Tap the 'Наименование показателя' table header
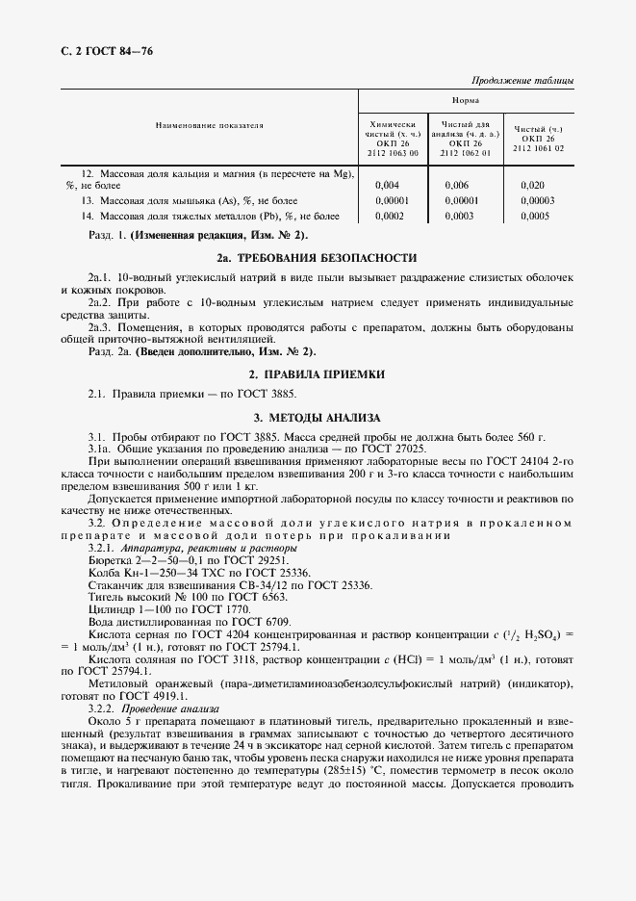[209, 126]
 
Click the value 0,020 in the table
[532, 184]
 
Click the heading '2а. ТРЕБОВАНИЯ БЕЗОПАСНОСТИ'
[317, 258]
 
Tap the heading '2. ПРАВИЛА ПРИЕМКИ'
[317, 373]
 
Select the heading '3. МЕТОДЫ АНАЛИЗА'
[317, 418]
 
